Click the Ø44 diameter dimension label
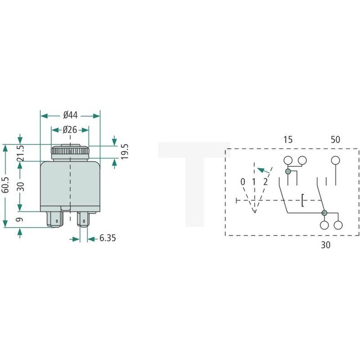(x=70, y=115)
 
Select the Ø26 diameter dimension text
(x=70, y=130)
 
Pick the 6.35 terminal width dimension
(x=107, y=239)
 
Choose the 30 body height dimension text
(x=20, y=186)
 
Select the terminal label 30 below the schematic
(x=326, y=245)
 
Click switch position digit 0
(x=243, y=182)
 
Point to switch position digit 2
(x=266, y=182)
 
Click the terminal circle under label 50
(x=335, y=161)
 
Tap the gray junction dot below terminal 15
(x=288, y=172)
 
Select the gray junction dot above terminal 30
(x=324, y=213)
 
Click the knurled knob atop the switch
(x=70, y=151)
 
